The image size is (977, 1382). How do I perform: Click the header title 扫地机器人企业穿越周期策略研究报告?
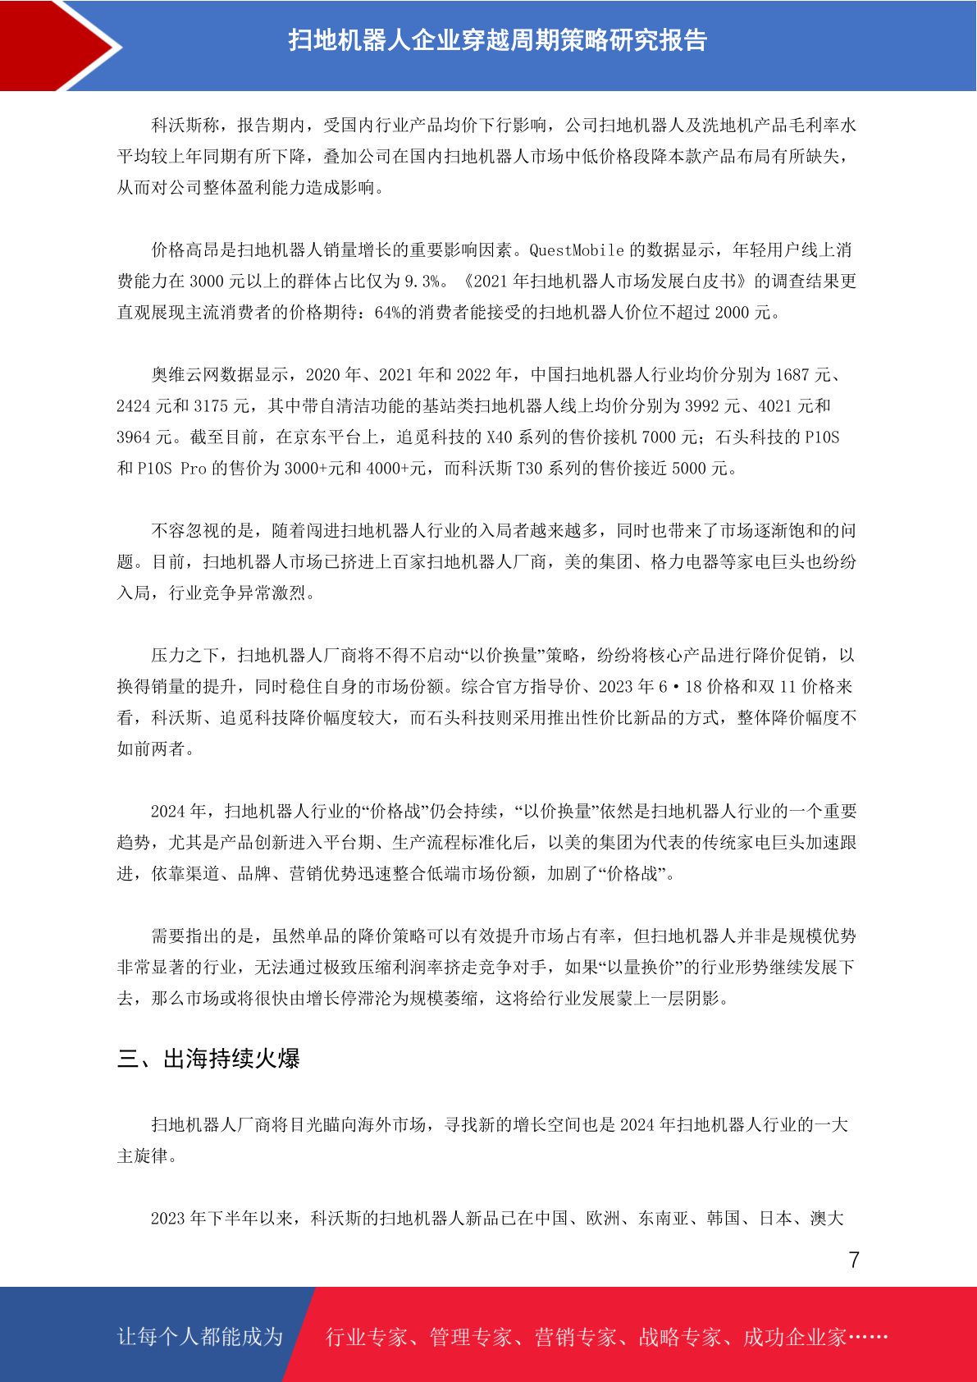coord(497,40)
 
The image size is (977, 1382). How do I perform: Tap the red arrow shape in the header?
coord(57,45)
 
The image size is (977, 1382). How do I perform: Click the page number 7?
coord(854,1260)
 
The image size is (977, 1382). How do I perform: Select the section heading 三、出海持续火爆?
coord(208,1059)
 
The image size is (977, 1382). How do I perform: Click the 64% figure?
coord(387,313)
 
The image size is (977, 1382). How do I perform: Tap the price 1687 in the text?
coord(792,375)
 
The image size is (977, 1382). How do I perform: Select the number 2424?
coord(134,406)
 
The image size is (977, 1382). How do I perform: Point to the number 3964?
coord(134,437)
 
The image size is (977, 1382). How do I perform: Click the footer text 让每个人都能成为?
coord(200,1337)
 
